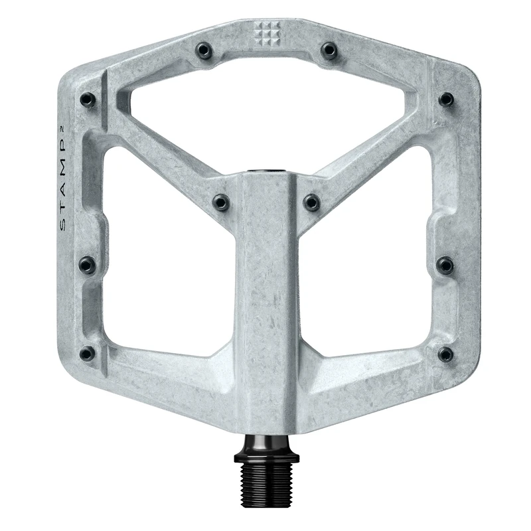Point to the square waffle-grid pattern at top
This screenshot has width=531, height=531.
click(265, 31)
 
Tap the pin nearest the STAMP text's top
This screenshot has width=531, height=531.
click(87, 100)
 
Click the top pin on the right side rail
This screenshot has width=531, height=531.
click(446, 100)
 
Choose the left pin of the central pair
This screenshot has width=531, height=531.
click(220, 202)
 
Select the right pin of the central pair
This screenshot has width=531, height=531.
click(311, 202)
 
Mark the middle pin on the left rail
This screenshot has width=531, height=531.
click(87, 265)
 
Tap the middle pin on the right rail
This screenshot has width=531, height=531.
click(445, 265)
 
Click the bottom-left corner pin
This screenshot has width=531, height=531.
click(87, 353)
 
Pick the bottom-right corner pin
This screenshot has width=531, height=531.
click(445, 354)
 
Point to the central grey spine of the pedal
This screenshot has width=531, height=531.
click(265, 299)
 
